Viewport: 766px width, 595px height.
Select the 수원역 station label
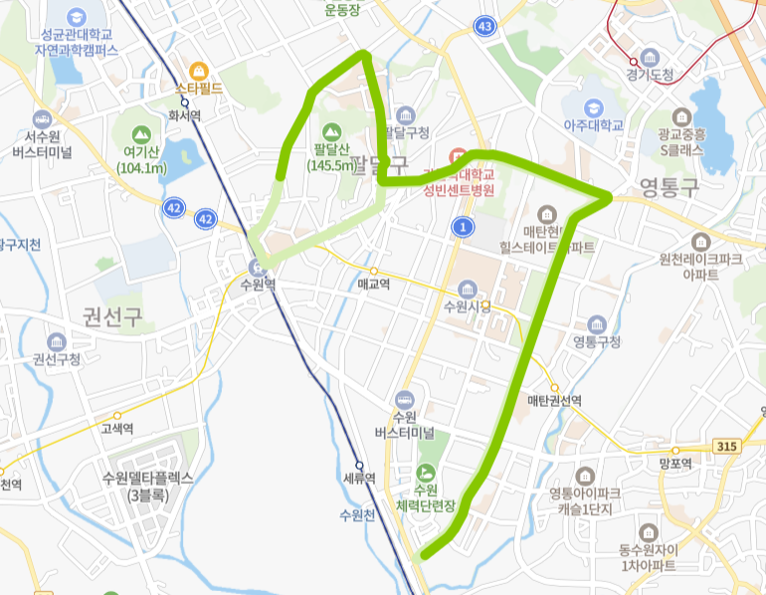[257, 282]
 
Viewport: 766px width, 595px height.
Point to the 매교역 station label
[373, 284]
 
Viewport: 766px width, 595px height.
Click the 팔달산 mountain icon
[332, 130]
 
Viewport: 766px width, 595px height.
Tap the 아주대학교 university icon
[594, 106]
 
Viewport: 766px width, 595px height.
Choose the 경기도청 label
[651, 75]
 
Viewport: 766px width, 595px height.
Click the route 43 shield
[484, 26]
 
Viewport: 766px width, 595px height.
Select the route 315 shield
[726, 447]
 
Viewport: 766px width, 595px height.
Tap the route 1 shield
[462, 227]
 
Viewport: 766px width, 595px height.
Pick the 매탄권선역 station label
[554, 400]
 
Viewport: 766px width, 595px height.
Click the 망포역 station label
[673, 462]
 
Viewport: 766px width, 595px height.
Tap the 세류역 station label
[358, 478]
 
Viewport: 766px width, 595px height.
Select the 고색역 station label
[117, 429]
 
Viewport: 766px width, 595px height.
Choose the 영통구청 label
[596, 341]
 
